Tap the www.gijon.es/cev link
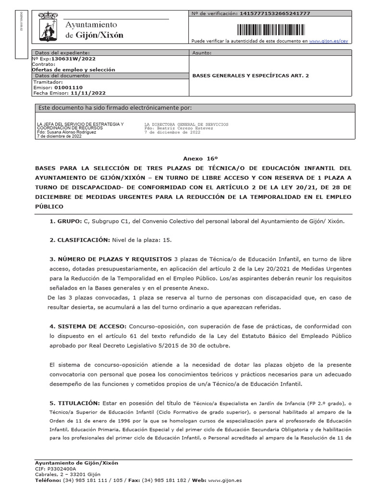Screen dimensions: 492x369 coord(328,42)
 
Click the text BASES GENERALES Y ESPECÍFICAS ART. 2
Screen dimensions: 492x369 coord(251,75)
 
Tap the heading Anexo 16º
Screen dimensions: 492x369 coord(197,158)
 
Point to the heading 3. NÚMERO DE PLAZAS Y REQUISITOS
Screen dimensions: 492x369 coord(111,258)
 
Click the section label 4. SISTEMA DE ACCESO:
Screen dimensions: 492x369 coord(88,326)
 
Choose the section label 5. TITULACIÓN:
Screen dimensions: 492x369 coord(74,403)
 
